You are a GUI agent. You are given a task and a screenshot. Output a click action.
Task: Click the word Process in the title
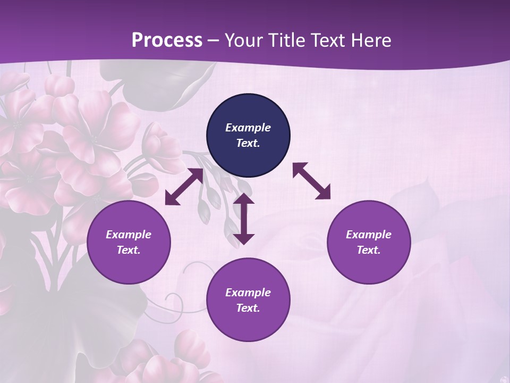click(167, 40)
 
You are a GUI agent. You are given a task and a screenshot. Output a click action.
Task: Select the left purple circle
click(129, 243)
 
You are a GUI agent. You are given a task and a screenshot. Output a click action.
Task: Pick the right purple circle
click(369, 243)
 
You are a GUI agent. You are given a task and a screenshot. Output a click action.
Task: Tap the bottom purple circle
click(248, 300)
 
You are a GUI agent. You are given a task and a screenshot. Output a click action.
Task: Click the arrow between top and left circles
click(184, 187)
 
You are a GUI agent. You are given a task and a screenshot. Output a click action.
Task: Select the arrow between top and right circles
click(311, 181)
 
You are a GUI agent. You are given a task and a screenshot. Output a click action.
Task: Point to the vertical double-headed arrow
click(244, 219)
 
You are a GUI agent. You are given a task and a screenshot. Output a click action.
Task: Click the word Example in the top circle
click(248, 128)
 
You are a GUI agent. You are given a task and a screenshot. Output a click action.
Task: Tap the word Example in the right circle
click(369, 235)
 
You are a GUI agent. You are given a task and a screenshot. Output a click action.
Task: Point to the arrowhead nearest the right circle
click(324, 193)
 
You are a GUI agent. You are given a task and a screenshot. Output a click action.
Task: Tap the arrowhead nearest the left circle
click(171, 198)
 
